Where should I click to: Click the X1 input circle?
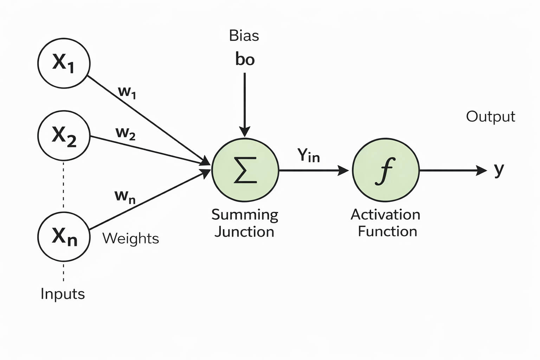(x=64, y=63)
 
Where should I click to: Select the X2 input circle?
(x=64, y=136)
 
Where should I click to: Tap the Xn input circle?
(x=64, y=237)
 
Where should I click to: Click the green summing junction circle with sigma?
(x=245, y=171)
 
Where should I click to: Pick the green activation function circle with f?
(x=386, y=171)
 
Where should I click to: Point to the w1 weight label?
(x=127, y=92)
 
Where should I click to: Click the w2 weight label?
(x=126, y=133)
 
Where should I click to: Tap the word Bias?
(x=244, y=36)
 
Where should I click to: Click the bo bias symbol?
(x=245, y=59)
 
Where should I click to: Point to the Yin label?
(x=309, y=155)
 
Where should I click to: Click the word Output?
(x=490, y=117)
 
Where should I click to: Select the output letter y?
(x=499, y=170)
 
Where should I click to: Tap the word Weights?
(x=130, y=239)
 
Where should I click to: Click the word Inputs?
(x=63, y=294)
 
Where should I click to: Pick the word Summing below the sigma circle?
(x=245, y=215)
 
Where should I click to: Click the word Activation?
(x=385, y=215)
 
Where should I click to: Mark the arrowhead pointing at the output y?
(x=481, y=171)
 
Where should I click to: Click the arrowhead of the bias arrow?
(x=245, y=131)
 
